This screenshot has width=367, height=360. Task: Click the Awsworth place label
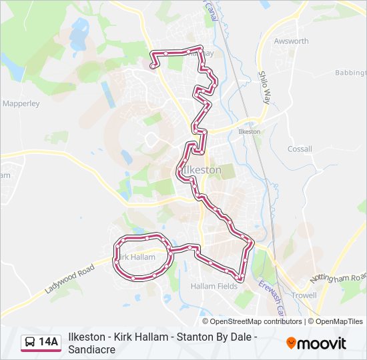tap(291, 41)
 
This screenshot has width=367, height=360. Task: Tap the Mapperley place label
tap(21, 104)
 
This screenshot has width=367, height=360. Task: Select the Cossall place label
tap(300, 149)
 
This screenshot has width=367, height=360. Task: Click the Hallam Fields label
tap(214, 286)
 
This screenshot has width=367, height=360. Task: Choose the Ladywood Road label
tap(70, 279)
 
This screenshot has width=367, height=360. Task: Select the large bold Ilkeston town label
tap(201, 170)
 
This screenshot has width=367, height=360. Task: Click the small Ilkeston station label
tap(249, 132)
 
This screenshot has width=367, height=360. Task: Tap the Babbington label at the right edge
tap(351, 72)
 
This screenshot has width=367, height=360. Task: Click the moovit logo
tap(316, 343)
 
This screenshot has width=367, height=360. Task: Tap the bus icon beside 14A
tap(30, 343)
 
